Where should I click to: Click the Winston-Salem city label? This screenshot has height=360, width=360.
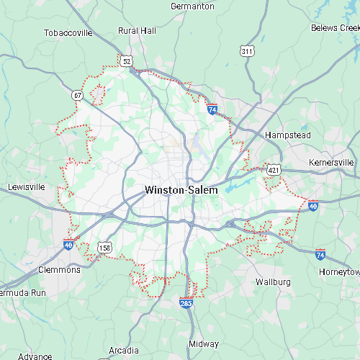click(x=181, y=190)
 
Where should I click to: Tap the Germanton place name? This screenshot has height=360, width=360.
click(x=192, y=6)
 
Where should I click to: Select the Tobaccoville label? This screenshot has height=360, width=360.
click(x=68, y=32)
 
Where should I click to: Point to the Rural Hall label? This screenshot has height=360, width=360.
click(x=137, y=31)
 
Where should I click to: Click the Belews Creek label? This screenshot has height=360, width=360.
click(x=335, y=27)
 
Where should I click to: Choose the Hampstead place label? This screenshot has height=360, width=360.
click(x=287, y=135)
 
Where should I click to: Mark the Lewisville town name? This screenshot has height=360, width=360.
click(x=26, y=186)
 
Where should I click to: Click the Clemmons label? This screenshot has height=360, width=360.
click(x=59, y=270)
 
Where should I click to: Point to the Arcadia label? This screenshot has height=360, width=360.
click(x=124, y=330)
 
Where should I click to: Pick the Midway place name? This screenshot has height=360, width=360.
click(x=204, y=344)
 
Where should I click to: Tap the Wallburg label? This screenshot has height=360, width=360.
click(x=274, y=281)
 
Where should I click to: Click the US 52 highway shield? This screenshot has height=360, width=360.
click(x=127, y=62)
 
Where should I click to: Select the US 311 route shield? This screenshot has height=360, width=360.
click(x=247, y=51)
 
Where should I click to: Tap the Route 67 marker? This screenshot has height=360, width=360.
click(x=77, y=94)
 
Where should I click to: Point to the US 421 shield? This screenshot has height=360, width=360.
click(x=273, y=169)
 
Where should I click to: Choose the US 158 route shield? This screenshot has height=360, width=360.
click(x=104, y=248)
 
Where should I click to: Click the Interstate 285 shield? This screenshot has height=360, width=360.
click(x=186, y=304)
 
